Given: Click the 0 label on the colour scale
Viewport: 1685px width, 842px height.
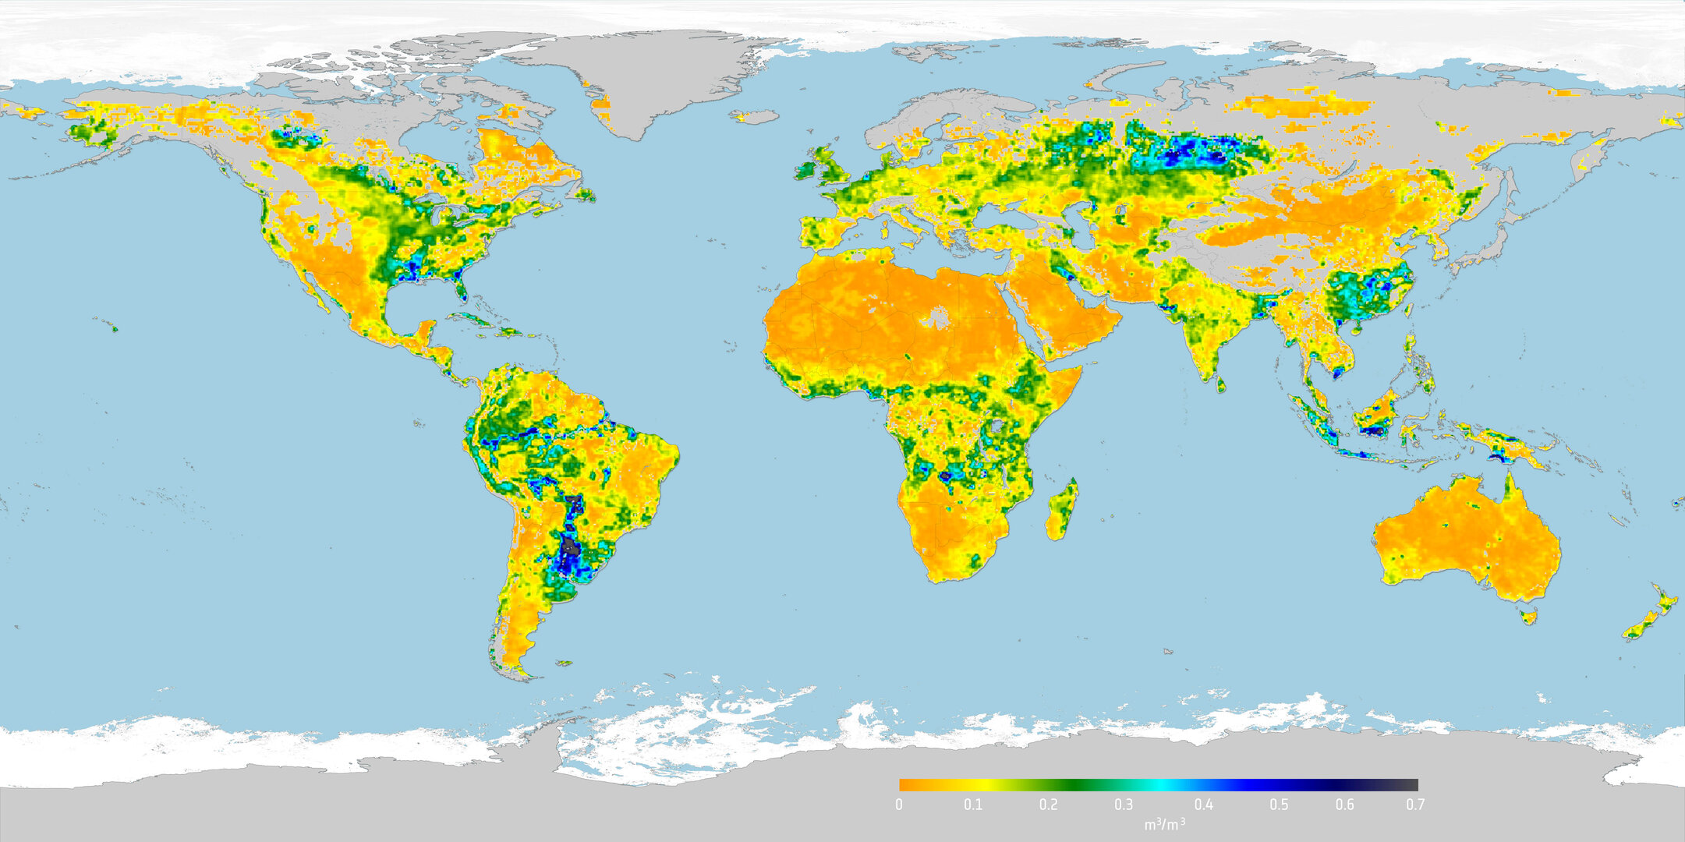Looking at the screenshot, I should (899, 805).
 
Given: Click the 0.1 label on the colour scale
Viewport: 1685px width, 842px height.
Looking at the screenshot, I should (972, 805).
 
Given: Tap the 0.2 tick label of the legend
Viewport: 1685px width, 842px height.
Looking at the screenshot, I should (1048, 805).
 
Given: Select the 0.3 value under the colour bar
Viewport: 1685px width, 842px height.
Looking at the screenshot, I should (1124, 805).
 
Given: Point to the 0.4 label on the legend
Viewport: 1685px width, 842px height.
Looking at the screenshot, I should (1203, 805).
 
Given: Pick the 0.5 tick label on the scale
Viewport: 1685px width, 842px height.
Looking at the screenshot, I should (1279, 805).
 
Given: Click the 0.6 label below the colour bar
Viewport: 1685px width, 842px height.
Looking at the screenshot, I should (1344, 805).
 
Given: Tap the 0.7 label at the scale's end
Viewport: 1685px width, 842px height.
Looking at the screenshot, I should (1414, 805).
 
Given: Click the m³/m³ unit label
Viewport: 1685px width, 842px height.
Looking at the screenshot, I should (1164, 824).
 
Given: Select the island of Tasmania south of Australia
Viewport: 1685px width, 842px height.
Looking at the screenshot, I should (1529, 617).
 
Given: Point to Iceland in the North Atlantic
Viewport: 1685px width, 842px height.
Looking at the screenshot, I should (755, 117).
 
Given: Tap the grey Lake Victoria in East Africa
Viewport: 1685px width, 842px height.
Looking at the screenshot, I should (996, 426).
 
